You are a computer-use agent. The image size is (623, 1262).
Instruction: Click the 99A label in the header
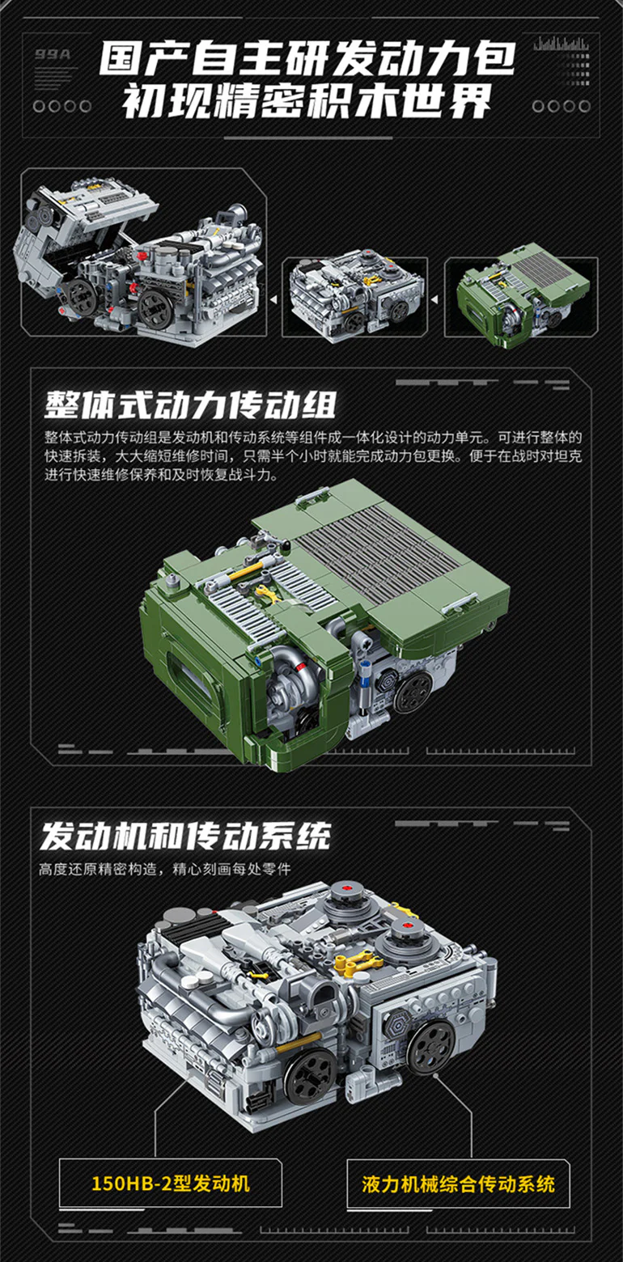(53, 55)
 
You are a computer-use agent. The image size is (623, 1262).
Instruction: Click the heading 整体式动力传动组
(190, 404)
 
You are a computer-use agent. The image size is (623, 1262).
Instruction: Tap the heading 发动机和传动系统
(185, 836)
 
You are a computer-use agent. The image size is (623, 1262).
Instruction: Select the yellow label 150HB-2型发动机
(170, 1183)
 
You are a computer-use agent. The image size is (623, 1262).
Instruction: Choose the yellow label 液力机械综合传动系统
(458, 1183)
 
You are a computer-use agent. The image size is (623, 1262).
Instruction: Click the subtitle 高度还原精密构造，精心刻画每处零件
(164, 870)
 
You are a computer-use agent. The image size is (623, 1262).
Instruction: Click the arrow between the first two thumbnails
(273, 300)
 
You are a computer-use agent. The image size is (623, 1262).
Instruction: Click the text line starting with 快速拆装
(313, 455)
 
